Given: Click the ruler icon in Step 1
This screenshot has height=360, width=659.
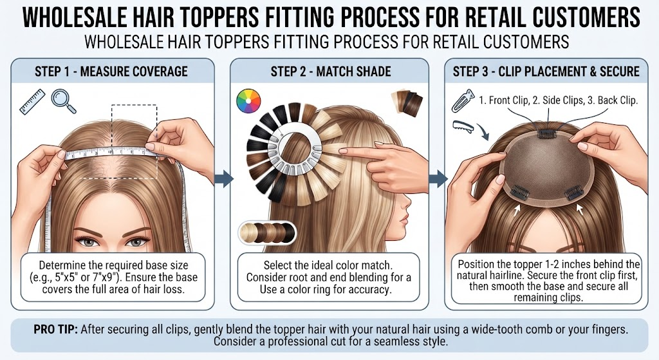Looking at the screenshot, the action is (x=32, y=101).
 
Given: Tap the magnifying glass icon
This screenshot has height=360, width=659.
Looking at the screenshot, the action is (x=64, y=101).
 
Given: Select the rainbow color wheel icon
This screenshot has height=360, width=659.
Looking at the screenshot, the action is (x=248, y=101).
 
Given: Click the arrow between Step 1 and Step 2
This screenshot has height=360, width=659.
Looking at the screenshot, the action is (x=223, y=178).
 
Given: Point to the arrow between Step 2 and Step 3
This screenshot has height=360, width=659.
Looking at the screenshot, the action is (x=438, y=178).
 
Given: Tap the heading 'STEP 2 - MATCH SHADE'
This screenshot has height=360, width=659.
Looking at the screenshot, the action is (x=331, y=71).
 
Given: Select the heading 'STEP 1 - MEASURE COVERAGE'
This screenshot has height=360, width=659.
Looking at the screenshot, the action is (x=111, y=71).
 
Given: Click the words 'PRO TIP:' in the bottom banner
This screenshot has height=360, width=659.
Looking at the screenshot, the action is (x=56, y=329).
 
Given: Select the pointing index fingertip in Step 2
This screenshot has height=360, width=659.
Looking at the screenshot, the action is (x=341, y=151).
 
